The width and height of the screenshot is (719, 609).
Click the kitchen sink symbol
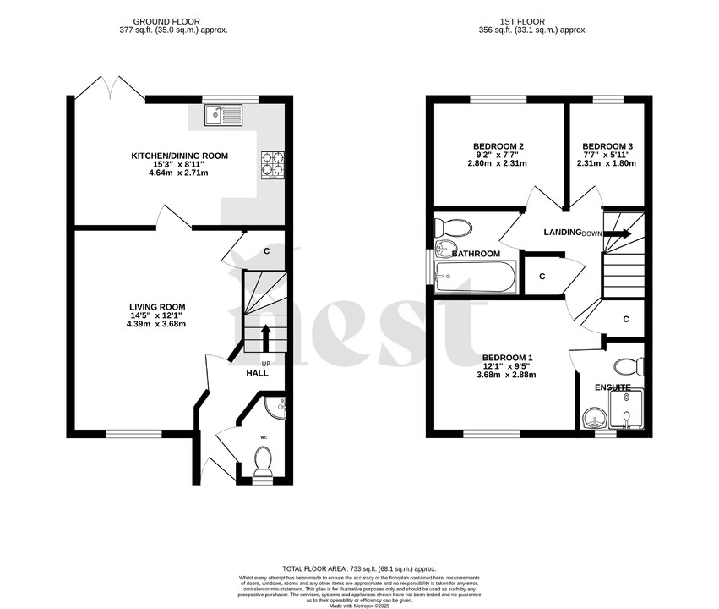coord(222,114)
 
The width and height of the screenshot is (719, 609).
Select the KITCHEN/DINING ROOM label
coord(179,156)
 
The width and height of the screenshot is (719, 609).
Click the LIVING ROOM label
coord(157,307)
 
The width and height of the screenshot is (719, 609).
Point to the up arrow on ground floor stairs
coord(267,336)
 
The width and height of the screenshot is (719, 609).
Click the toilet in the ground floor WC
coord(263,461)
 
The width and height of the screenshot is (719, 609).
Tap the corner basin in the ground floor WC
coord(278,407)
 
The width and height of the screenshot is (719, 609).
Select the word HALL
coord(257,373)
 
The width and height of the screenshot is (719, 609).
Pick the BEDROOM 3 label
coord(607,146)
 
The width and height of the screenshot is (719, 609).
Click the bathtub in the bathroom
coord(475,277)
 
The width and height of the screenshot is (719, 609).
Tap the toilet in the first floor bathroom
coord(455,228)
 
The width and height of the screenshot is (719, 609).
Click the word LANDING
coord(562,233)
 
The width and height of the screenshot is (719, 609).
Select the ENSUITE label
coord(613,387)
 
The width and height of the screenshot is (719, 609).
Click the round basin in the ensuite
coord(595,417)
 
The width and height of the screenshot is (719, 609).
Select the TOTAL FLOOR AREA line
coord(359,569)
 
